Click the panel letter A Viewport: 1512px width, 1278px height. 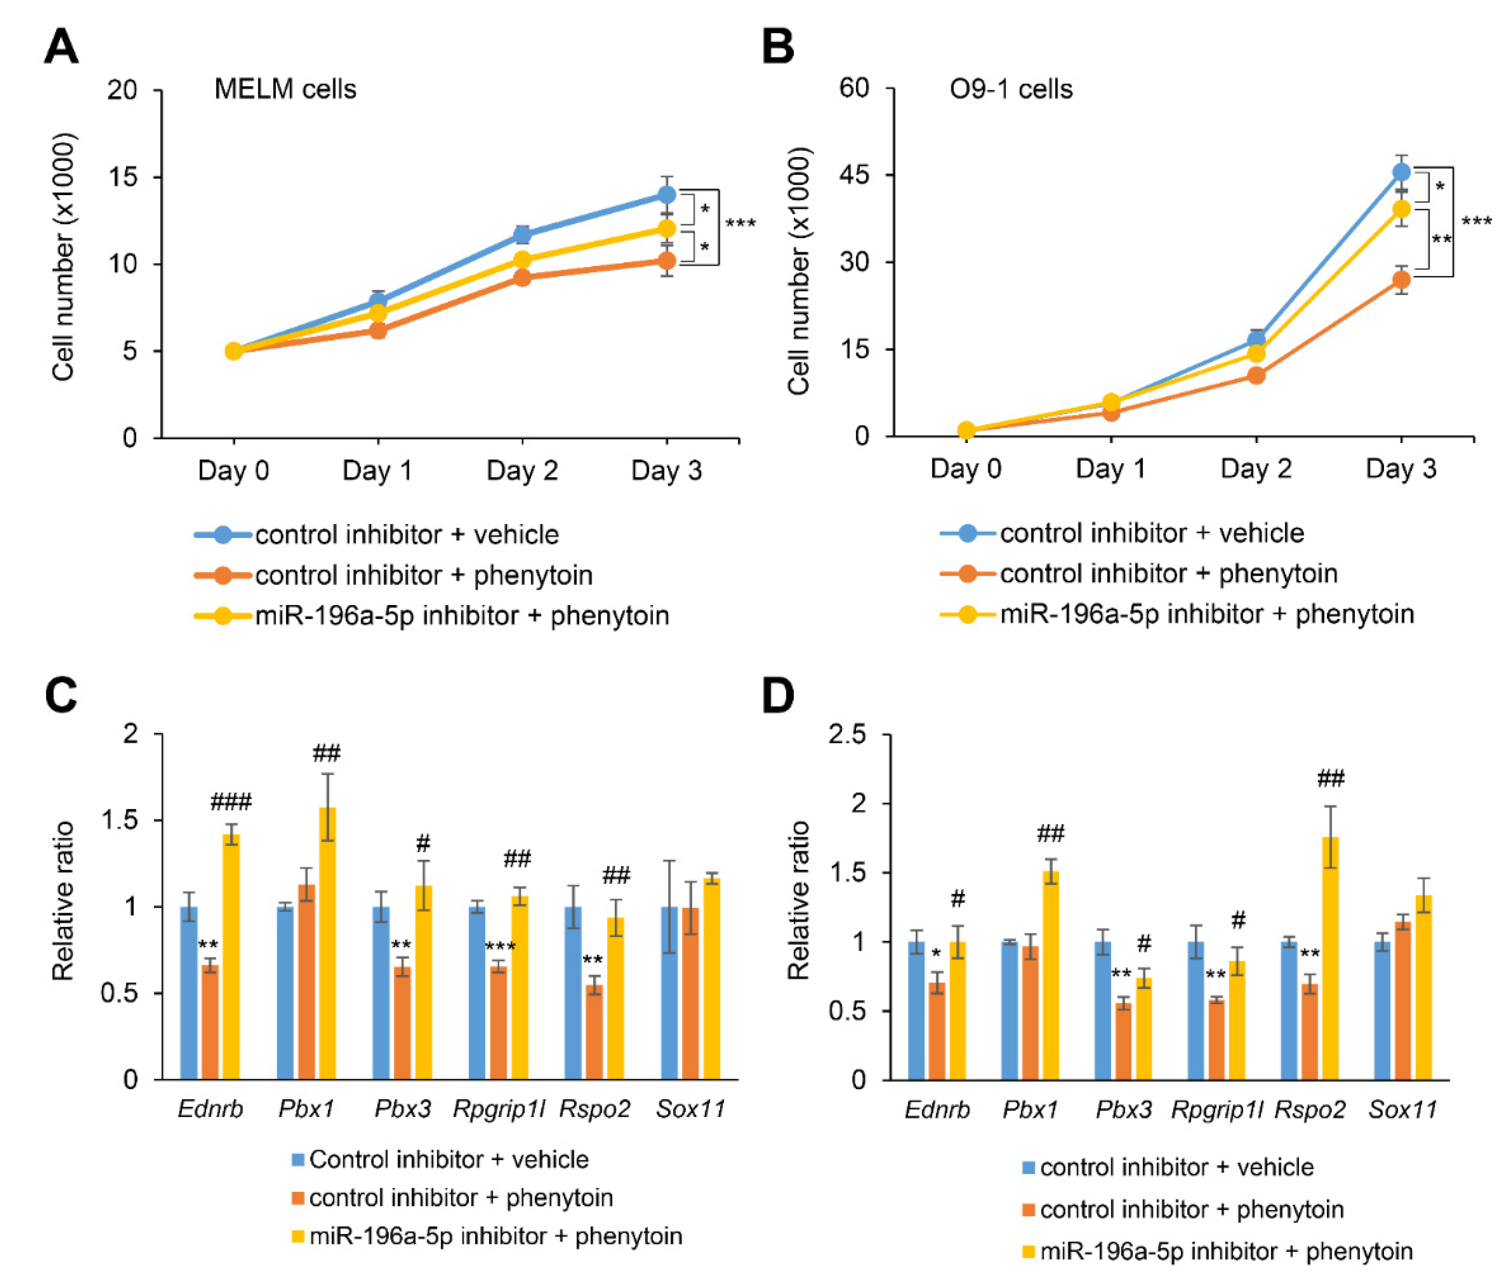click(61, 48)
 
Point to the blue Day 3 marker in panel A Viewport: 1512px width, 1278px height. click(666, 195)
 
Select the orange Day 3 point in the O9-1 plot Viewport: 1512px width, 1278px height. click(1401, 280)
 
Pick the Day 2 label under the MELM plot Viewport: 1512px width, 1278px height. click(522, 471)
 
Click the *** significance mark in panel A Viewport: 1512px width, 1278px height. click(740, 223)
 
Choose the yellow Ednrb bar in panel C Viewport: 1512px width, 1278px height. click(232, 956)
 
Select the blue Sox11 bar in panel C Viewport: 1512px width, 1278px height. click(670, 993)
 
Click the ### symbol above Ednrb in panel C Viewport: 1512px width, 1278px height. click(231, 802)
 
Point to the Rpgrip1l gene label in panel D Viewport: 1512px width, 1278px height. click(1217, 1110)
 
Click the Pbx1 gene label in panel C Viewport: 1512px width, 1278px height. click(306, 1109)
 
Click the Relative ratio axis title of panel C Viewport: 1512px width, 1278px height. click(64, 902)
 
